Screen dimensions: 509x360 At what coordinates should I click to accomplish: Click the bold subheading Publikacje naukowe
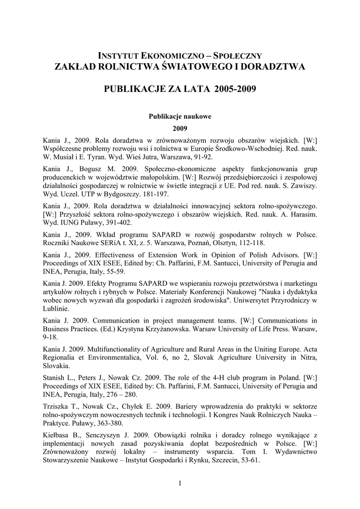point(180,116)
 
